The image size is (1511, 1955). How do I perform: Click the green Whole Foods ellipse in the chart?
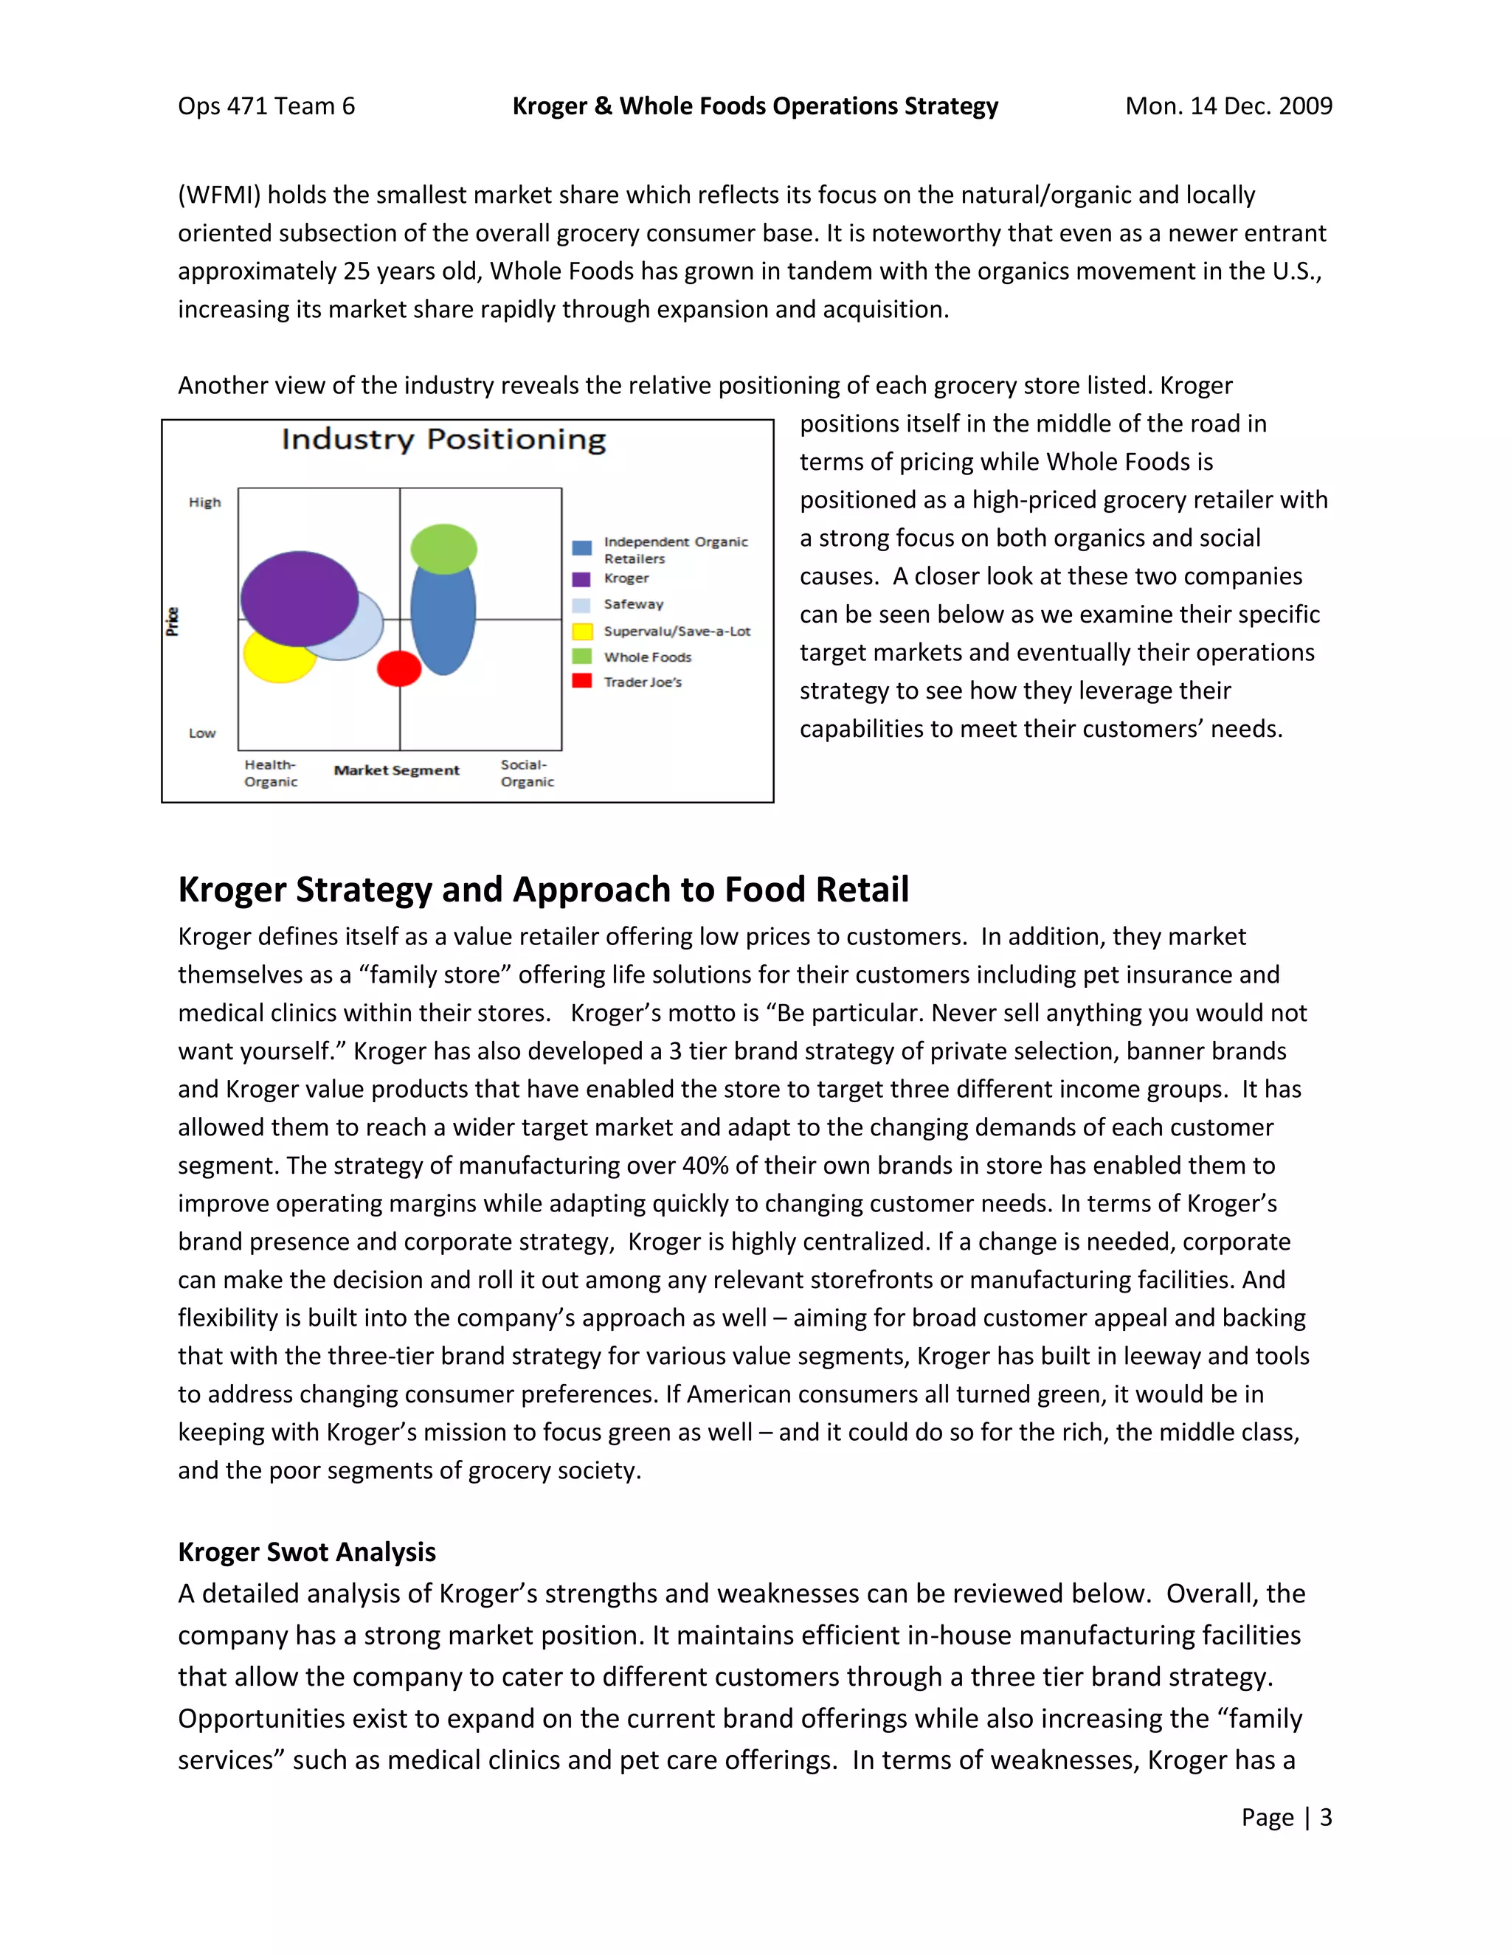pos(443,548)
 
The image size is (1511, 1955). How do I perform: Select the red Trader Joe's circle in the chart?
pos(399,668)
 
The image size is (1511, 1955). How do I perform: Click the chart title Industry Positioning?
pos(443,440)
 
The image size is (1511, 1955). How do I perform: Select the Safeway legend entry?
pos(633,604)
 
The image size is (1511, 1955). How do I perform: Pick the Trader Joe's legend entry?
pos(642,682)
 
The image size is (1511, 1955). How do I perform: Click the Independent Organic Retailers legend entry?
pos(674,550)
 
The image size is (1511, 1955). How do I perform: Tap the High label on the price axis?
pos(204,502)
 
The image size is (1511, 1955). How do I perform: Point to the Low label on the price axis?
pos(202,733)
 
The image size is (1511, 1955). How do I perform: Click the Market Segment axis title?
pos(396,769)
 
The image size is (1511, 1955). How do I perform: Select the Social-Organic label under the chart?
pos(528,772)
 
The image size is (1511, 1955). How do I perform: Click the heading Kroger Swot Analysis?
pos(306,1551)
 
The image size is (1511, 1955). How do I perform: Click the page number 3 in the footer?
pos(1326,1816)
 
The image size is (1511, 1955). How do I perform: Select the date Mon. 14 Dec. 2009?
pos(1228,105)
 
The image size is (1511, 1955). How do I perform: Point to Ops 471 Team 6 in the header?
pos(266,105)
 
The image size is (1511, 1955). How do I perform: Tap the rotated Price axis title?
pos(173,620)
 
